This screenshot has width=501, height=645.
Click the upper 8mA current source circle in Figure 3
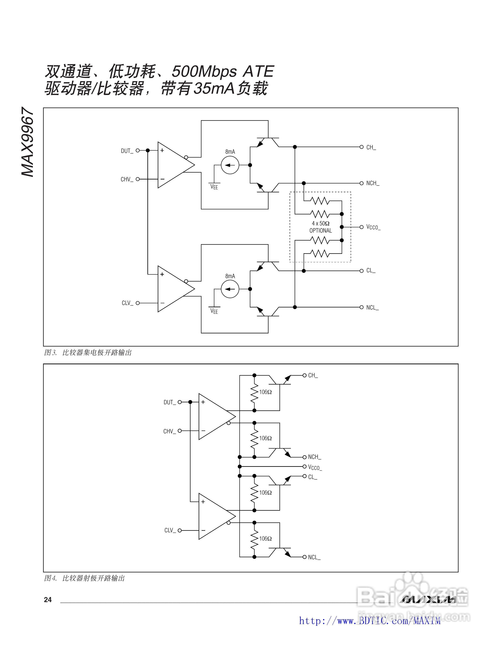(x=230, y=165)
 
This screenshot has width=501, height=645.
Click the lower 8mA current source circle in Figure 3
(x=230, y=289)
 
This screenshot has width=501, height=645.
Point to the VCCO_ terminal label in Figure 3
(x=373, y=227)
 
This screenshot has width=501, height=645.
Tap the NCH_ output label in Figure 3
(x=373, y=183)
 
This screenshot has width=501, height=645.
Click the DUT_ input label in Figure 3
(x=127, y=151)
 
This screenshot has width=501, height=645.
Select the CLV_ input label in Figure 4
(x=170, y=530)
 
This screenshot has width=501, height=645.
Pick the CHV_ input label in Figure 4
(x=169, y=431)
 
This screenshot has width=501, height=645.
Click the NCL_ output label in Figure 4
(x=314, y=557)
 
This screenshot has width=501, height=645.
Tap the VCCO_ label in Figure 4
(x=315, y=467)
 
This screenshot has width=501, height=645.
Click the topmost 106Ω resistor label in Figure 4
(x=265, y=392)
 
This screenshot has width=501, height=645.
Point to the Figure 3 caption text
(x=88, y=353)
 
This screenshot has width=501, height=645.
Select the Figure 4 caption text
(x=84, y=578)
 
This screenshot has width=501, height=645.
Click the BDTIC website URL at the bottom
(x=370, y=621)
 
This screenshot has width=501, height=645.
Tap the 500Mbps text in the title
(x=204, y=72)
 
